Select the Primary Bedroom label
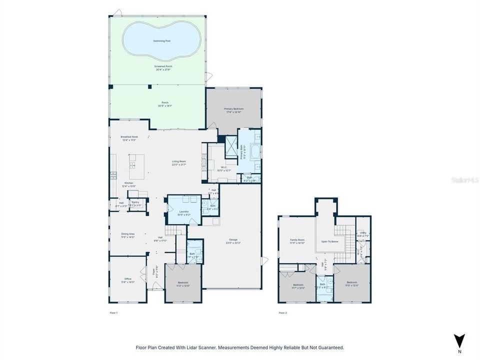[x=233, y=109]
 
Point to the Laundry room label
[x=183, y=212]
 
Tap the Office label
[x=127, y=279]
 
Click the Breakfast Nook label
[x=129, y=137]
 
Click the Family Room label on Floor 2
[x=297, y=240]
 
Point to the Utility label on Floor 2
[x=362, y=232]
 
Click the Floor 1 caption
[x=113, y=313]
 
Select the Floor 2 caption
[x=282, y=313]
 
